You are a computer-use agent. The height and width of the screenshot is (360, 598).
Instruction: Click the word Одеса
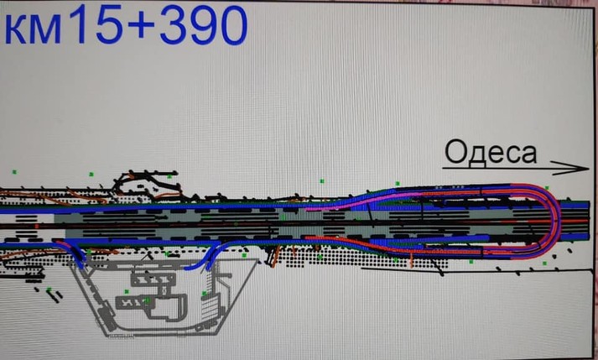491,153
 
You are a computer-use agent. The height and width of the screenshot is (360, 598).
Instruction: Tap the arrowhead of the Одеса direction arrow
572,168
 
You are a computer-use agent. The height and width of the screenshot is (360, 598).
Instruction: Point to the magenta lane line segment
364,201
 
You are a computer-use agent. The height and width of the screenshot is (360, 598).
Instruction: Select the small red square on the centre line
37,227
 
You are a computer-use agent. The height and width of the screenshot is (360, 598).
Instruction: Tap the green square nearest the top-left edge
14,172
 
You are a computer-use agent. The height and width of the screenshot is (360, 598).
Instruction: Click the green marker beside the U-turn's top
547,188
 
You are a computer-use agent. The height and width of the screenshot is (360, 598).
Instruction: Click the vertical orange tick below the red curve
412,260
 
